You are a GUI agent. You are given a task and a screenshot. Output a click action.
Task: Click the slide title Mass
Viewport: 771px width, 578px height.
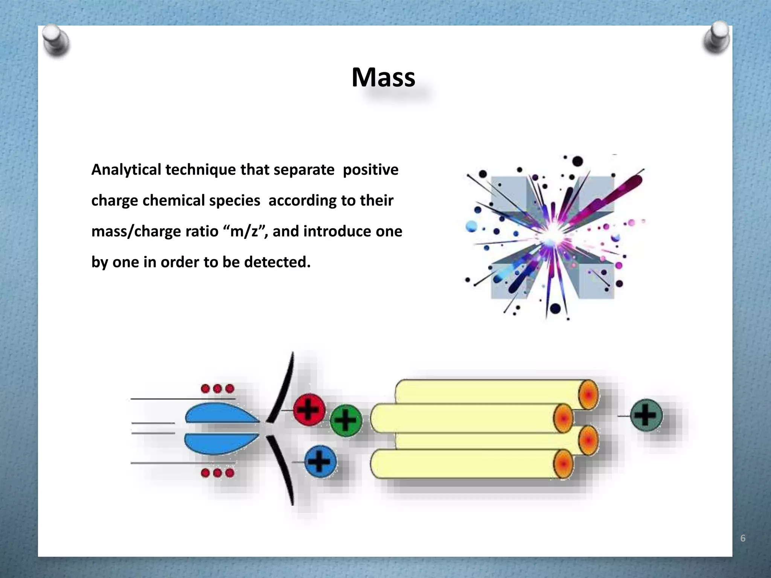[x=383, y=78]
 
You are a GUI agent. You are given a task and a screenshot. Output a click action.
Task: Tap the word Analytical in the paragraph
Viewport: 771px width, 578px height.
[x=126, y=170]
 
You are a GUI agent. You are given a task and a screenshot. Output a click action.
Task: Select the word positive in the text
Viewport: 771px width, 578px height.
[x=370, y=170]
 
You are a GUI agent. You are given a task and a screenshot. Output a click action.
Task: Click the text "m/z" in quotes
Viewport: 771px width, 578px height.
[x=244, y=231]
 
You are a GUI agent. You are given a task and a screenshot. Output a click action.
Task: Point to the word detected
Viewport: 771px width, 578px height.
[x=277, y=262]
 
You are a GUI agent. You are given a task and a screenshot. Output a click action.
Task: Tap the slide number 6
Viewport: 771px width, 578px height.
[x=742, y=538]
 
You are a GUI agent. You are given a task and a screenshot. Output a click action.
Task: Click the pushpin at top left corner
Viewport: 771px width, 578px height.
[x=56, y=41]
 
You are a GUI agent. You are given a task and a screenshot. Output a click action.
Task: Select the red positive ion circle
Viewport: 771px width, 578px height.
[x=309, y=409]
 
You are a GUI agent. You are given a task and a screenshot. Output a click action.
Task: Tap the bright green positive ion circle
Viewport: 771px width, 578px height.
[x=346, y=420]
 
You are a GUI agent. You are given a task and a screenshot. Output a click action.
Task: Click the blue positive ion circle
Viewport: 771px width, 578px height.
[x=320, y=461]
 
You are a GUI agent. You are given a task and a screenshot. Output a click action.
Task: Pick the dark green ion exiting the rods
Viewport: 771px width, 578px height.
[x=646, y=415]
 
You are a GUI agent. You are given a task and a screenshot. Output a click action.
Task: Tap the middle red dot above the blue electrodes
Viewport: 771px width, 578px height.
[x=217, y=389]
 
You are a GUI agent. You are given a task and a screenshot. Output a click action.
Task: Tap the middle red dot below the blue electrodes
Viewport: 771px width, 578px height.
[x=217, y=473]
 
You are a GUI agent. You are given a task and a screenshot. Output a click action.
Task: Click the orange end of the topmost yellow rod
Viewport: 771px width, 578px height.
[x=588, y=394]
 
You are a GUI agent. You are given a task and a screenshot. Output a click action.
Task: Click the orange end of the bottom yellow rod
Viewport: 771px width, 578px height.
[x=563, y=464]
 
